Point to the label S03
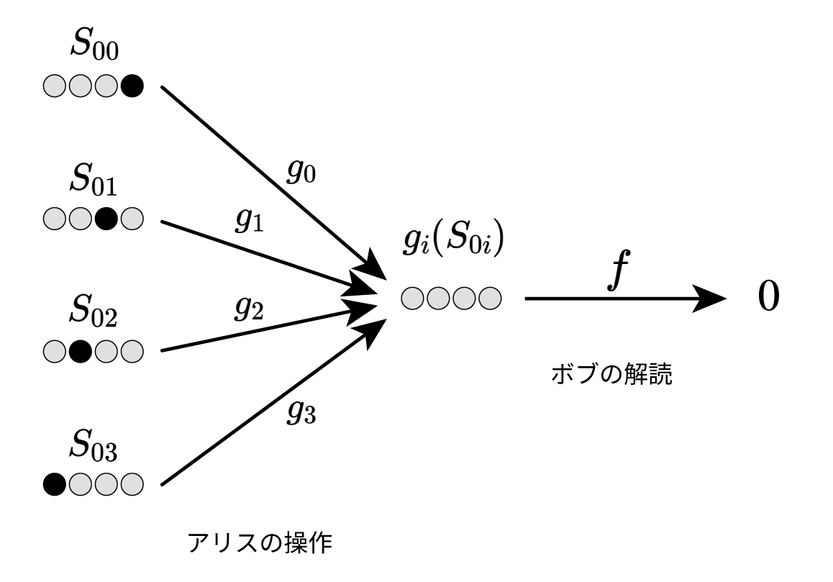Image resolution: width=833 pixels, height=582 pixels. click(94, 449)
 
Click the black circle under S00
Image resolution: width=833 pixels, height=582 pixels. click(132, 88)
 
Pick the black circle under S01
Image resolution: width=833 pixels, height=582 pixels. click(106, 217)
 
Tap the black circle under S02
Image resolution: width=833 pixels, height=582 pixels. click(81, 352)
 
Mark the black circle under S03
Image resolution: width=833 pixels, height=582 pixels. click(54, 482)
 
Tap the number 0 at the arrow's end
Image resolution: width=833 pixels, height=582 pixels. click(768, 298)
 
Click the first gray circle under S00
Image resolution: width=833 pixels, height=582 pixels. click(54, 88)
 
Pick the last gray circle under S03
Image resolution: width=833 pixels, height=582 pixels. click(132, 482)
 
